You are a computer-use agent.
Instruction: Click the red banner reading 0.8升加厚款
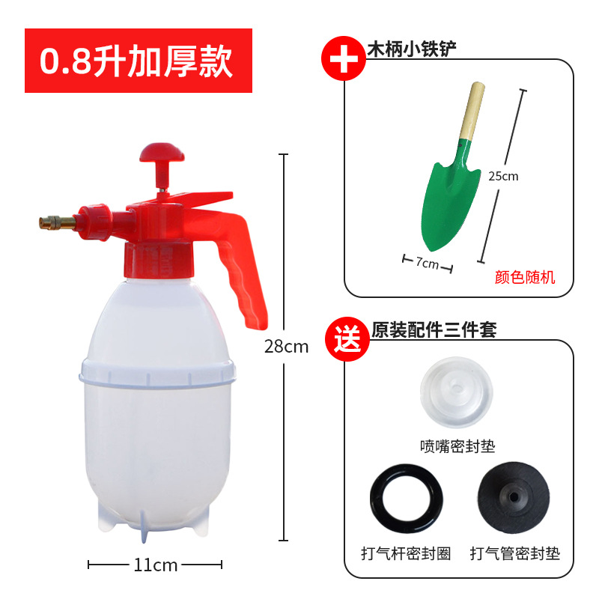click(x=139, y=61)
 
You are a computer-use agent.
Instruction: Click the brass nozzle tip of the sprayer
click(x=56, y=222)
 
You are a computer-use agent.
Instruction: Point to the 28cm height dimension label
click(x=286, y=347)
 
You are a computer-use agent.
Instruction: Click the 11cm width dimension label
click(x=155, y=565)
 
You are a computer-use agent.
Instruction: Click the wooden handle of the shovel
click(x=472, y=112)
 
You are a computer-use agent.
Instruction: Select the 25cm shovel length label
click(x=504, y=177)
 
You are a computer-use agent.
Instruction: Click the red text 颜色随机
click(x=525, y=278)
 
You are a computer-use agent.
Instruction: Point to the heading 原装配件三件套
click(x=434, y=329)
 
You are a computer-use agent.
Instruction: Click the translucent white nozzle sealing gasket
click(x=457, y=392)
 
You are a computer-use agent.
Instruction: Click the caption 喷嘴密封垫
click(x=457, y=447)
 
